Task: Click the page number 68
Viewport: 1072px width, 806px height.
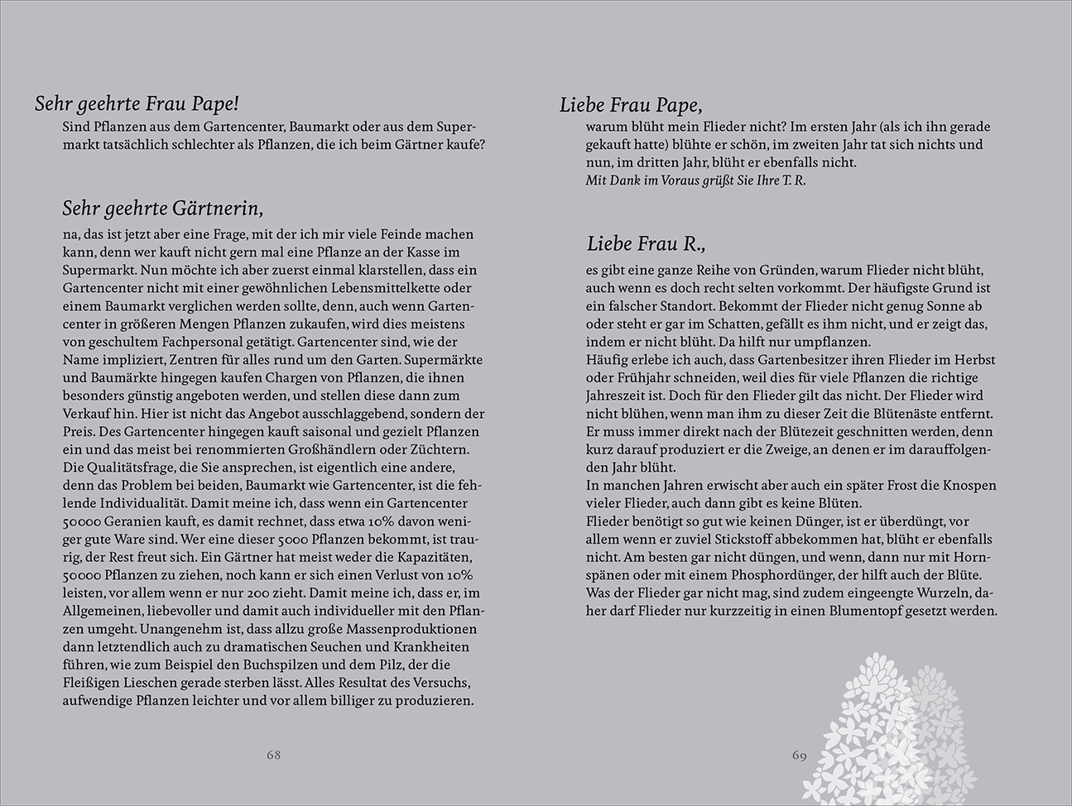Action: click(x=273, y=755)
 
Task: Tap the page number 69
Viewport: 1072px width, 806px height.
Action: click(x=799, y=756)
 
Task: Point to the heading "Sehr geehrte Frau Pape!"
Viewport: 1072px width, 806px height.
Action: click(x=137, y=103)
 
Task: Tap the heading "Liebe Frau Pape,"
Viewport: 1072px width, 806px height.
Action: click(x=631, y=104)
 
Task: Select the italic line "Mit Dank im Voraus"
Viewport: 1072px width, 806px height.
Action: click(x=695, y=180)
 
